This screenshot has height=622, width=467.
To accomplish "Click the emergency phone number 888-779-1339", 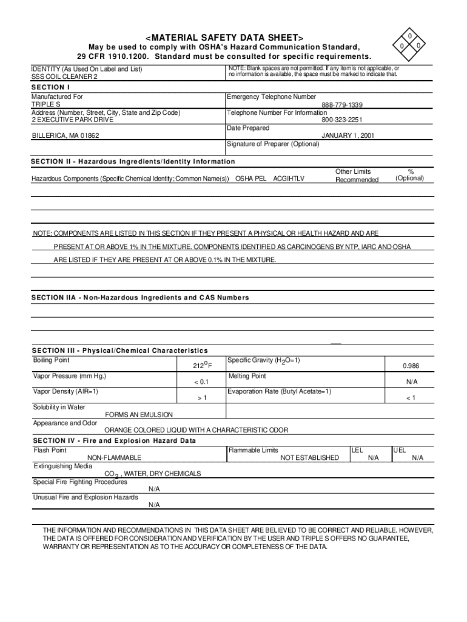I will pyautogui.click(x=342, y=105).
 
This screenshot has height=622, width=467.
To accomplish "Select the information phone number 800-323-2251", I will pyautogui.click(x=342, y=120).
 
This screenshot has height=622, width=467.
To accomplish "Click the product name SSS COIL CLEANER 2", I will pyautogui.click(x=64, y=78).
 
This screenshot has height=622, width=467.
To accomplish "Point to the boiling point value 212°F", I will pyautogui.click(x=202, y=366).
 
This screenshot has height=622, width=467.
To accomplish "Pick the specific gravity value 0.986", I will pyautogui.click(x=411, y=366).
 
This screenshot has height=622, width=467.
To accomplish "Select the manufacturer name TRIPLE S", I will pyautogui.click(x=46, y=105).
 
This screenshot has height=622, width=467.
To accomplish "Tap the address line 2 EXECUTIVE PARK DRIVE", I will pyautogui.click(x=73, y=120).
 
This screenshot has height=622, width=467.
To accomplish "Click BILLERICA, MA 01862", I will pyautogui.click(x=66, y=135).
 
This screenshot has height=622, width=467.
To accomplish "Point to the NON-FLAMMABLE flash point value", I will pyautogui.click(x=115, y=458).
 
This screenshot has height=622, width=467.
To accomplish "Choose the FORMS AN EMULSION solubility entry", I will pyautogui.click(x=139, y=415).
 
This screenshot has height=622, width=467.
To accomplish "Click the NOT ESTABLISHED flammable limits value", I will pyautogui.click(x=309, y=458).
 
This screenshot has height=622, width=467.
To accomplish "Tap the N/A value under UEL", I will pyautogui.click(x=417, y=458).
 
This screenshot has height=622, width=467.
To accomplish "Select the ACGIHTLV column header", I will pyautogui.click(x=289, y=179).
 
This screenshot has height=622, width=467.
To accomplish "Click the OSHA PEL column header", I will pyautogui.click(x=250, y=179).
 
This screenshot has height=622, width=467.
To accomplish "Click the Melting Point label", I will pyautogui.click(x=247, y=377).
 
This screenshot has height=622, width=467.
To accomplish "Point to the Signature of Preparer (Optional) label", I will pyautogui.click(x=272, y=145).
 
